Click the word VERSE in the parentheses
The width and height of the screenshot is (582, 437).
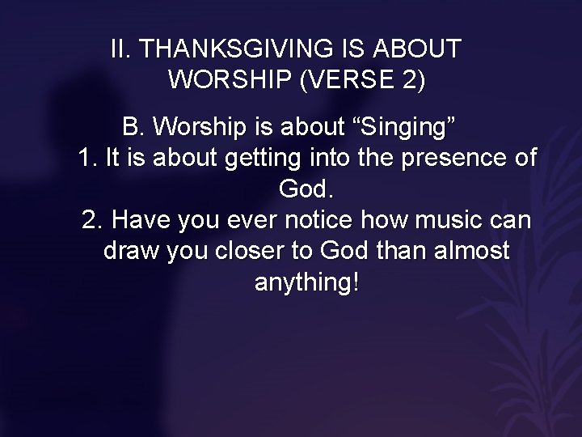point(343,81)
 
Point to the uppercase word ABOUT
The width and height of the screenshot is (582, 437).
point(418,49)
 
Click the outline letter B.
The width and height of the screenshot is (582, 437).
point(132,127)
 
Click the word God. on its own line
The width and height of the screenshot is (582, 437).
point(306,190)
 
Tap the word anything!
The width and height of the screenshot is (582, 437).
point(306,284)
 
